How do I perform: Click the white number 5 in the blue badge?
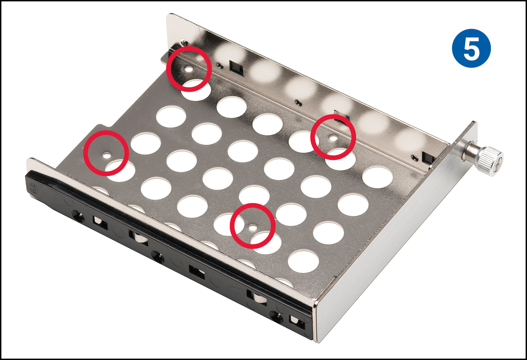pyautogui.click(x=471, y=48)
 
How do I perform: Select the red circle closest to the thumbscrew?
pyautogui.click(x=333, y=137)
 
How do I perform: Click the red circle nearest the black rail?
pyautogui.click(x=253, y=226)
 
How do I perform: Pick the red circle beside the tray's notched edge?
pyautogui.click(x=106, y=153)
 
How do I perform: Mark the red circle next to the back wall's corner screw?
pyautogui.click(x=188, y=69)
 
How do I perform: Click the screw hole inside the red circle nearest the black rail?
pyautogui.click(x=253, y=227)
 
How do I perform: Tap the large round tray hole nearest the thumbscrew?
pyautogui.click(x=377, y=177)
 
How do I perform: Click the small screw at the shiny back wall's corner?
pyautogui.click(x=185, y=43)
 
